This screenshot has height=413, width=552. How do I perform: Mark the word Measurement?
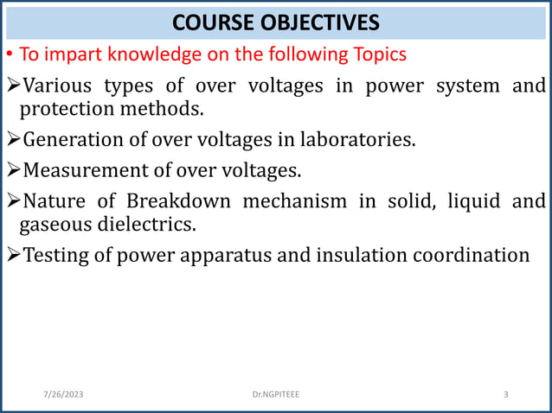(78, 169)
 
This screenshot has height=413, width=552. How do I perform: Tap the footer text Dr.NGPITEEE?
(277, 395)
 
